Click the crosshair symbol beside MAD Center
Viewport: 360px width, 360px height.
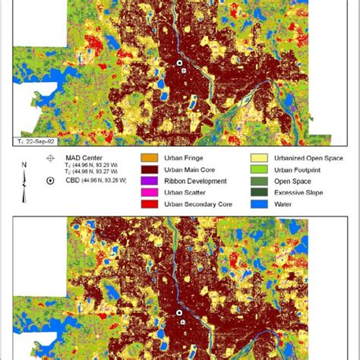pos(50,157)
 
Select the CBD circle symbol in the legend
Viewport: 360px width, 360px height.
pos(50,181)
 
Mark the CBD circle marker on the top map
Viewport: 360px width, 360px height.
pos(180,64)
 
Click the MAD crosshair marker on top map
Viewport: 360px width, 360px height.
pos(182,71)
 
